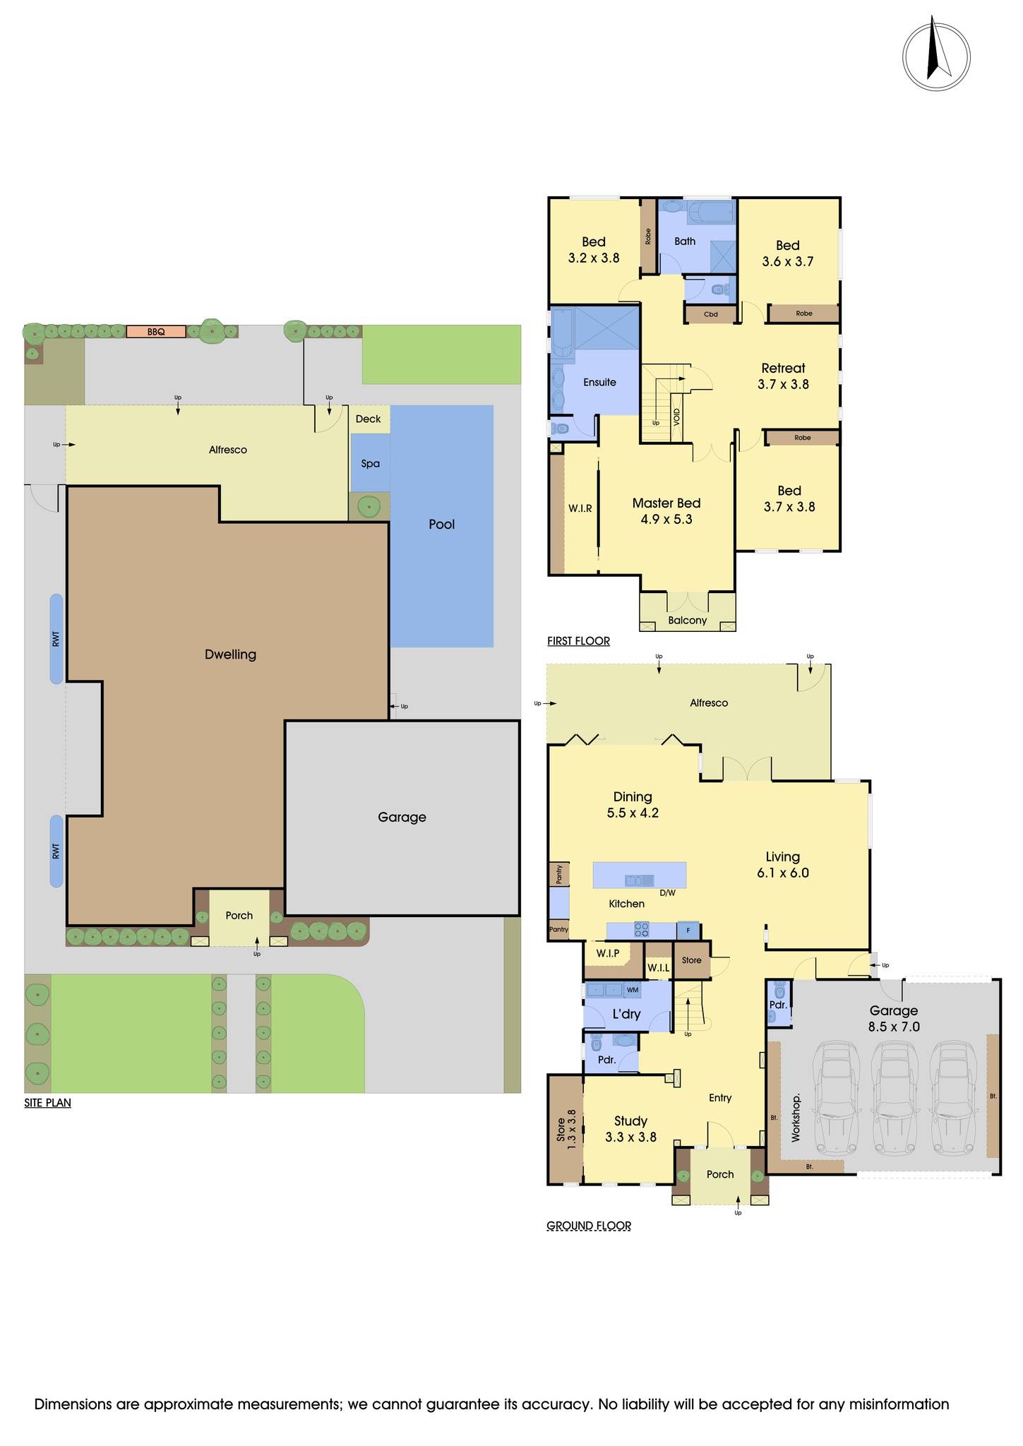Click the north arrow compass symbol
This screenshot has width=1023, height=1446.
936,55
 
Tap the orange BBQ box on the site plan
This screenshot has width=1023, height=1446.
156,331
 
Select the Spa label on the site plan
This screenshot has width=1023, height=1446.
371,464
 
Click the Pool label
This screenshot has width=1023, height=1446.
442,525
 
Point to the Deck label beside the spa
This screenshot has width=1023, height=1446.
368,419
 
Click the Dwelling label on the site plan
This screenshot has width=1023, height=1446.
230,655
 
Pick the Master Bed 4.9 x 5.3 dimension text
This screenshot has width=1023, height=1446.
666,520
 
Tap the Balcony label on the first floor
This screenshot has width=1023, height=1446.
687,621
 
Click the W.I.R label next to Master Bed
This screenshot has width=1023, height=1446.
580,508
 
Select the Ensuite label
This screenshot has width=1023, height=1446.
599,383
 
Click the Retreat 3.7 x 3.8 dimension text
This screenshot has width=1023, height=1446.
784,385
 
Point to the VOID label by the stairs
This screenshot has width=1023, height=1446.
676,416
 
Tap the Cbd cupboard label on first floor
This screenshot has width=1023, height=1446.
711,314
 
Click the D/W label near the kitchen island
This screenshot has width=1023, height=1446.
667,893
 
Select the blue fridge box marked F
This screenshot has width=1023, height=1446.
688,931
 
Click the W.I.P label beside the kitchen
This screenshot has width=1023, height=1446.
608,953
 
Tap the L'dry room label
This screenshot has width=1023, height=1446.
626,1014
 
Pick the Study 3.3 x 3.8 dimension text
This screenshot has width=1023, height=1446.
630,1137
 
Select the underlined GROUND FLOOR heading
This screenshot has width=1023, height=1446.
589,1226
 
